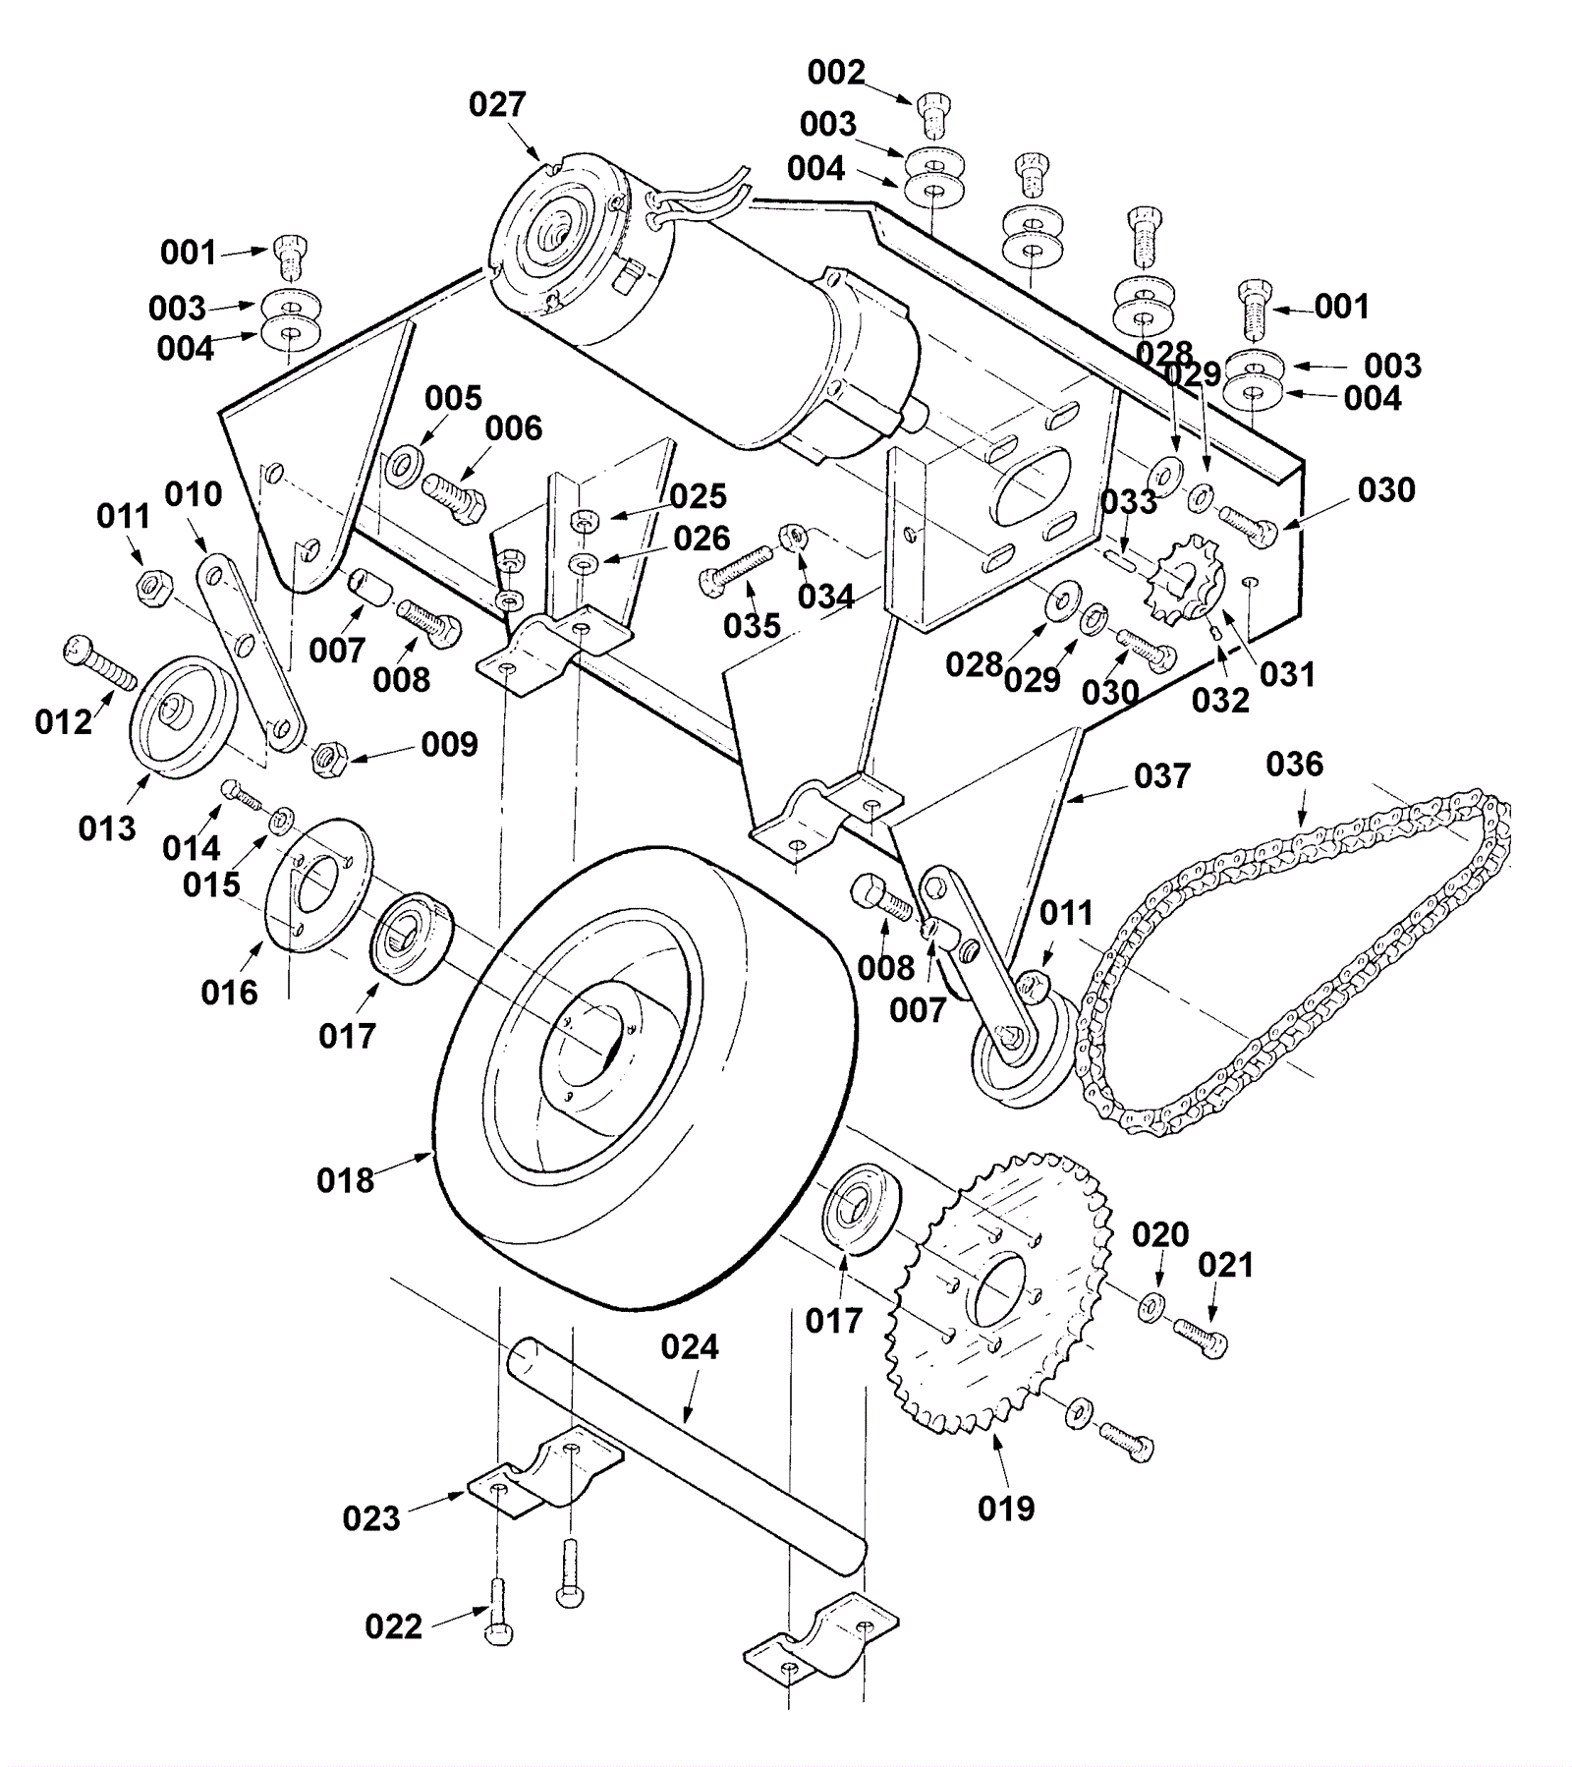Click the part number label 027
tap(497, 104)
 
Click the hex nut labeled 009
tap(328, 759)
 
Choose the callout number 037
tap(1162, 776)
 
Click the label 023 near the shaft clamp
tap(371, 1518)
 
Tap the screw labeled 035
tap(738, 569)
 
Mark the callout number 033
tap(1129, 502)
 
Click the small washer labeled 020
tap(1151, 1308)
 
